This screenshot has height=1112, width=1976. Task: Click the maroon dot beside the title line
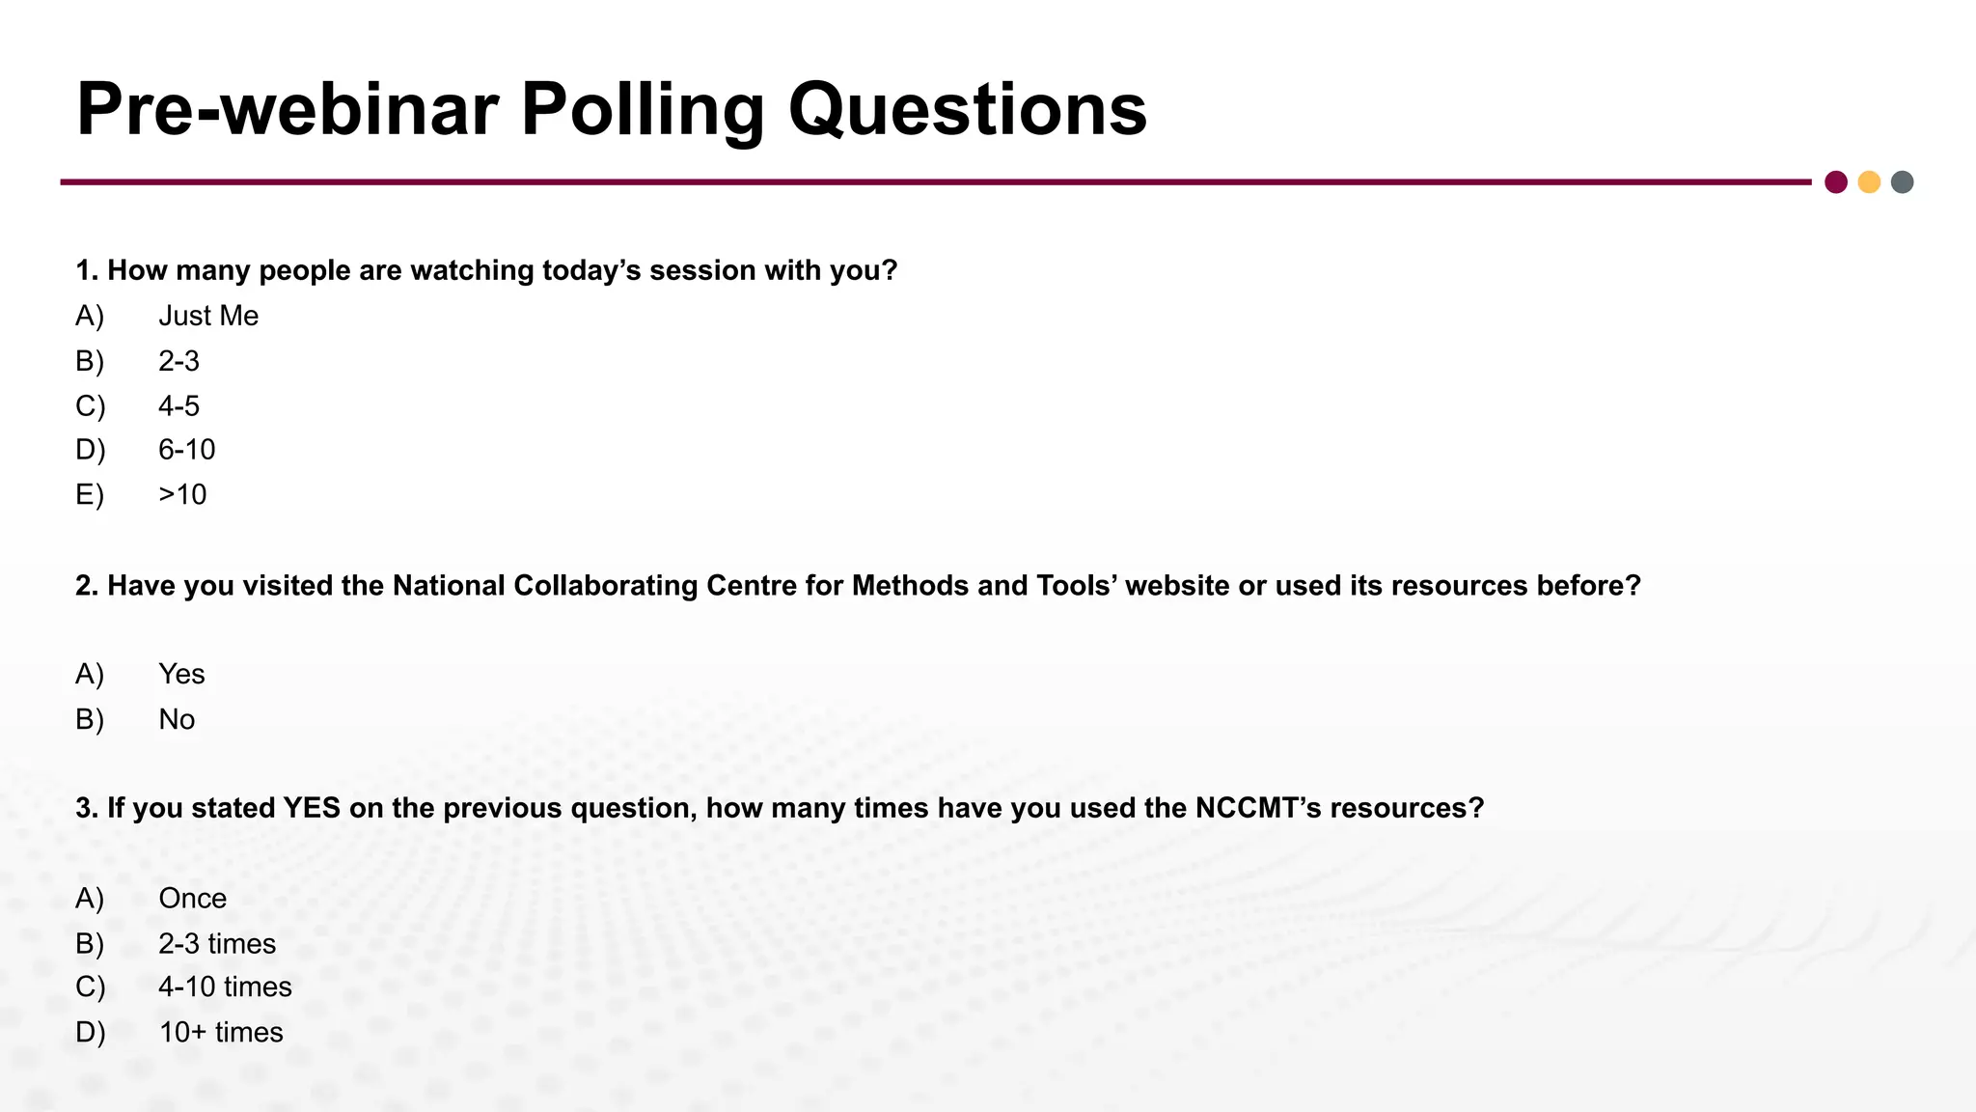[x=1836, y=182]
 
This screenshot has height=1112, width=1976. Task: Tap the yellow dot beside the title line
[x=1869, y=182]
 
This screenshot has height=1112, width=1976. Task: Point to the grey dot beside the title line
[x=1902, y=182]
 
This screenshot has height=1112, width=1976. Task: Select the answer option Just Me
[x=208, y=317]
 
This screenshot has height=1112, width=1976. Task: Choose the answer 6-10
[x=187, y=450]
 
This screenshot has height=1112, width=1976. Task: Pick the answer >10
[x=182, y=495]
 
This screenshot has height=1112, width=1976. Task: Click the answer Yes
[x=181, y=675]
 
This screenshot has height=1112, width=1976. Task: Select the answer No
[x=177, y=720]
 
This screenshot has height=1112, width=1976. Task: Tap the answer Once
[x=193, y=899]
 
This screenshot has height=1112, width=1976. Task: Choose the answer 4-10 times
[x=225, y=987]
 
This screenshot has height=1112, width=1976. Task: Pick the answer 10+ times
[x=221, y=1033]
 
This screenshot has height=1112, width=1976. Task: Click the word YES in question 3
[x=312, y=808]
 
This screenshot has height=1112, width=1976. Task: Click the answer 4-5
[x=178, y=406]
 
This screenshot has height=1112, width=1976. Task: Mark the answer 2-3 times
[x=217, y=944]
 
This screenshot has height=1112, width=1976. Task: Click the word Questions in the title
[x=968, y=111]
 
